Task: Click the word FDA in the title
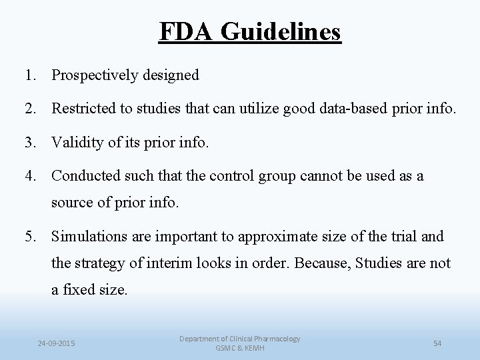coord(188,31)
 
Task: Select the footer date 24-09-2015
coord(57,343)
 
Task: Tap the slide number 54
coord(438,343)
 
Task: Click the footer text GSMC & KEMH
coord(240,349)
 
